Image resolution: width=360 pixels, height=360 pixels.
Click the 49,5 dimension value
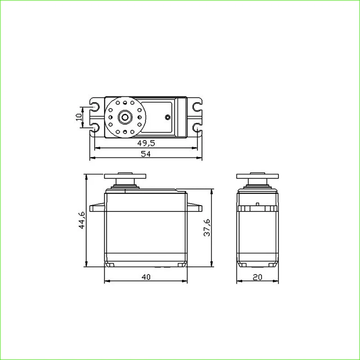point(146,143)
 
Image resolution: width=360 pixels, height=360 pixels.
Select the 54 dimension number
point(145,154)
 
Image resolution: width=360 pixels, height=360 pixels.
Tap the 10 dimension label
point(79,117)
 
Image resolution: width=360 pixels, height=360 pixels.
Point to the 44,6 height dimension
point(82,220)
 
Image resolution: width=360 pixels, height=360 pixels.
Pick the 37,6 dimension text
point(207,228)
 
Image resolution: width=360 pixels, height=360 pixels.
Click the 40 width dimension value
point(146,277)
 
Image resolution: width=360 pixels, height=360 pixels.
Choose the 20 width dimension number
point(257,277)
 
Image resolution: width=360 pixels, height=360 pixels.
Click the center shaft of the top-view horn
point(125,117)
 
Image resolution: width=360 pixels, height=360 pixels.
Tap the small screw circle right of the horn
point(168,117)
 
